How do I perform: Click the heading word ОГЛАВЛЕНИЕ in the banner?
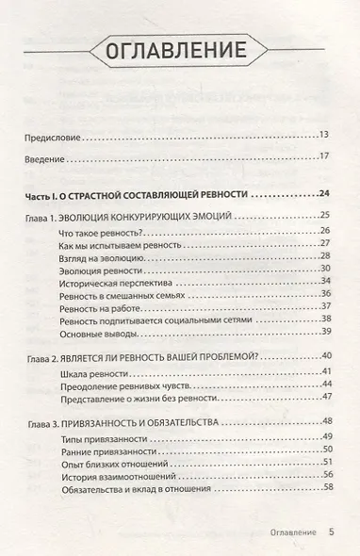click(x=180, y=51)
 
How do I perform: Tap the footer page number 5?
click(x=332, y=531)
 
